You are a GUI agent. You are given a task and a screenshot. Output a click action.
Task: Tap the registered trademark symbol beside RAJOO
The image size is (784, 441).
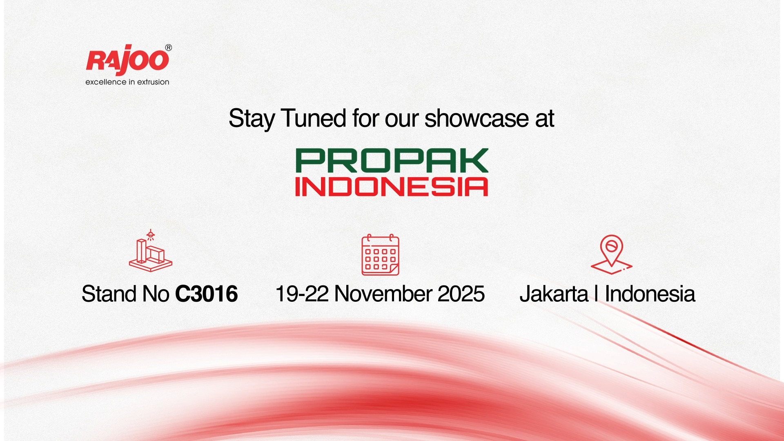169,48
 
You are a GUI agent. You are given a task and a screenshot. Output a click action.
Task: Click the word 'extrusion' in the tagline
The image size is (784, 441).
153,82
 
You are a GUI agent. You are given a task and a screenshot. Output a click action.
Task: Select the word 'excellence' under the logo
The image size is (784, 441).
106,82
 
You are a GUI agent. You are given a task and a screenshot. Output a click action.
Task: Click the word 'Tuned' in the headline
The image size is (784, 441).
314,118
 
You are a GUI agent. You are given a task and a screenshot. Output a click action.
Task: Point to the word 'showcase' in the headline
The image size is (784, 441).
477,118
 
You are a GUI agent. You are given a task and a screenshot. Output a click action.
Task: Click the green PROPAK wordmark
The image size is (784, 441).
392,160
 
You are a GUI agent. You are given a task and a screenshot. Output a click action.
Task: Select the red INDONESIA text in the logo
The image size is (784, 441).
392,187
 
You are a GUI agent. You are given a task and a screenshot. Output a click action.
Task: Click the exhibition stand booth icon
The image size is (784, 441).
151,251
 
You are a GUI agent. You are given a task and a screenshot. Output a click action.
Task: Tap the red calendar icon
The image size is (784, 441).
380,255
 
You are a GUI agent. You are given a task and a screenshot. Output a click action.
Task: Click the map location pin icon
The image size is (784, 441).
611,254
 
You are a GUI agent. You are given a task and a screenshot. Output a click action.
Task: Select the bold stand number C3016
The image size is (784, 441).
207,294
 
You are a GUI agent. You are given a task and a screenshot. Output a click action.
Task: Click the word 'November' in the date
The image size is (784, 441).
383,294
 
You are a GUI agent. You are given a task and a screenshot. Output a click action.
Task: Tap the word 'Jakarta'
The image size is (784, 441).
554,294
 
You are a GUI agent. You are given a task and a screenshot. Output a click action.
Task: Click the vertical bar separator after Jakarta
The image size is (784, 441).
597,294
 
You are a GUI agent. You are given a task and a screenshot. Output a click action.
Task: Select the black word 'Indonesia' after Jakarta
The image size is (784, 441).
650,294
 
